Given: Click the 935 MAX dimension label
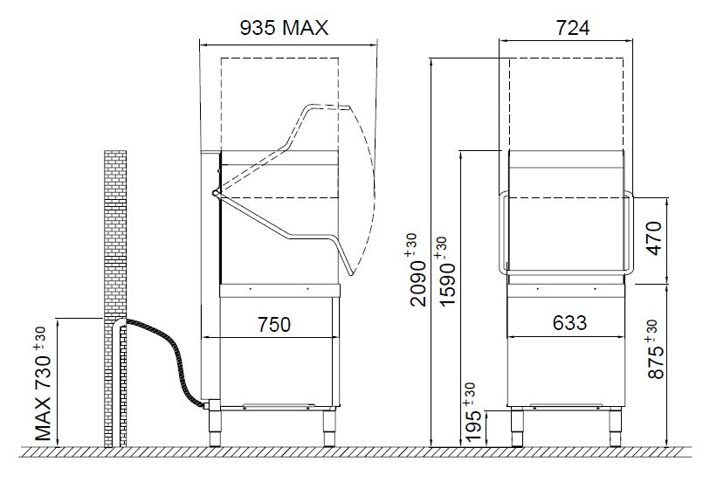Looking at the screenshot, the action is click(x=284, y=28).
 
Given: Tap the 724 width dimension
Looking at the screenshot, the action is click(x=573, y=28).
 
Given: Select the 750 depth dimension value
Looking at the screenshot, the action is click(x=274, y=324).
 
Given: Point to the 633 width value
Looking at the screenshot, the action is click(x=569, y=323).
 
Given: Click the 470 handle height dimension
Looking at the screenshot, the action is click(x=655, y=238).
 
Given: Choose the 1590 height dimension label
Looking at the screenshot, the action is click(x=446, y=272).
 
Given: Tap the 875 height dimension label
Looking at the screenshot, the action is click(x=654, y=349).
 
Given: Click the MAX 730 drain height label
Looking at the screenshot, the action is click(x=43, y=384).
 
